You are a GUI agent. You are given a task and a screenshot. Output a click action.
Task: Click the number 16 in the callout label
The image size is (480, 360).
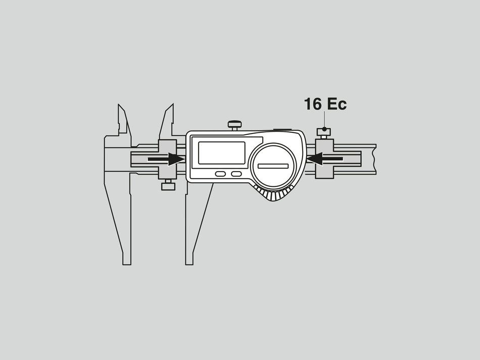click(x=313, y=104)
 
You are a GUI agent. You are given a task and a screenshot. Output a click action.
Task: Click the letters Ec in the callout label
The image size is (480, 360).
click(x=337, y=104)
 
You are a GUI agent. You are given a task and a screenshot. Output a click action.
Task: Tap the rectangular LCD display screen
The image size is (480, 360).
click(x=222, y=152)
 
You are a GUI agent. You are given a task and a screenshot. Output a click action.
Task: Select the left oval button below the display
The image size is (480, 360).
click(x=220, y=174)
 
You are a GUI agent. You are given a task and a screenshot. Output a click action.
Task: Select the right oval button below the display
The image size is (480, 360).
click(x=236, y=174)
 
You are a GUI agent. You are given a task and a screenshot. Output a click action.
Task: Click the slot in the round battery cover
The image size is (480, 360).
click(x=273, y=166)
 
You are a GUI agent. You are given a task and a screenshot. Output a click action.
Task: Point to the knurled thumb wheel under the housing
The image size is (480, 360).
click(x=273, y=193)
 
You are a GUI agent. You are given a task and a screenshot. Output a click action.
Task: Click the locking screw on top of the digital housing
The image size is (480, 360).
click(x=234, y=125)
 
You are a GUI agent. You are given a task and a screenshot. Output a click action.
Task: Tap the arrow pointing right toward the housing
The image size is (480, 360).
click(x=166, y=159)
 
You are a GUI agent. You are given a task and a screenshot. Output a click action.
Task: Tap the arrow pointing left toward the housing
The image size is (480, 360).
click(x=324, y=159)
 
